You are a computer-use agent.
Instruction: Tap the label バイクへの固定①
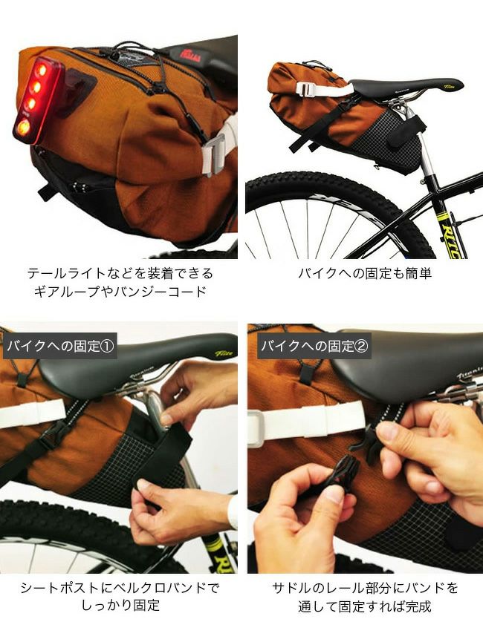(x=60, y=347)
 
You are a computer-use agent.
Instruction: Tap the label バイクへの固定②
(x=314, y=347)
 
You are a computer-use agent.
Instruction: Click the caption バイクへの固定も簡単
(x=365, y=273)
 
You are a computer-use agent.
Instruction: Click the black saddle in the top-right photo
(x=405, y=88)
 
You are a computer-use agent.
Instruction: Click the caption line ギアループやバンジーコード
(x=120, y=292)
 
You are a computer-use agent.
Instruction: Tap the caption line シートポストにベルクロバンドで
(x=120, y=588)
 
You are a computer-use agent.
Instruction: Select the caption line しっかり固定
(x=120, y=606)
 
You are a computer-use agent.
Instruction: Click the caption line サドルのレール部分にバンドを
(x=365, y=588)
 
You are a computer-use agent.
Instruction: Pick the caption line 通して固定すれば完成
(x=365, y=606)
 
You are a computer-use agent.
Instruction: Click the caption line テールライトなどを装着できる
(x=120, y=273)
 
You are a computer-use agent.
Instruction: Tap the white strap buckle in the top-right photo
(x=305, y=90)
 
